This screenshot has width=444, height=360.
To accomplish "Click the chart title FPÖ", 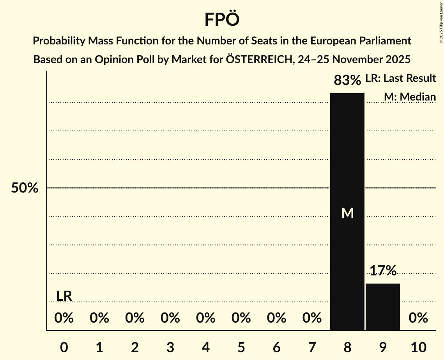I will click(222, 19).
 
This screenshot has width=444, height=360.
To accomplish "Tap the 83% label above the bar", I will click(347, 80).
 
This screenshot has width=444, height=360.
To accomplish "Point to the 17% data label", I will click(383, 270).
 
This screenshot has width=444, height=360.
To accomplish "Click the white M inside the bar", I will click(347, 213).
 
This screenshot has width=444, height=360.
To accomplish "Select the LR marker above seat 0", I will click(64, 296).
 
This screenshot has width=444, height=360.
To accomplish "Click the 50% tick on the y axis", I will click(25, 188).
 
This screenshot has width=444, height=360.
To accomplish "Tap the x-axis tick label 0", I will click(64, 347).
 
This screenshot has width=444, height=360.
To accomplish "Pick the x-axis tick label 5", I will click(241, 347).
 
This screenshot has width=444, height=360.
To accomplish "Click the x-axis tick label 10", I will click(418, 347).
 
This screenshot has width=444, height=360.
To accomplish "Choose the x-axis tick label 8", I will click(347, 347).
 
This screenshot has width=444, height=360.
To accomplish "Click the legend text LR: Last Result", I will click(401, 78).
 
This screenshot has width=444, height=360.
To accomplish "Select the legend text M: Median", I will click(410, 97).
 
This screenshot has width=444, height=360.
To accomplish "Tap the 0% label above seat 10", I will click(418, 318).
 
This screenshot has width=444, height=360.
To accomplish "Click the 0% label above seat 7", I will click(312, 318).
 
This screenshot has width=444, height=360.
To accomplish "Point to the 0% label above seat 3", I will click(170, 318).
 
